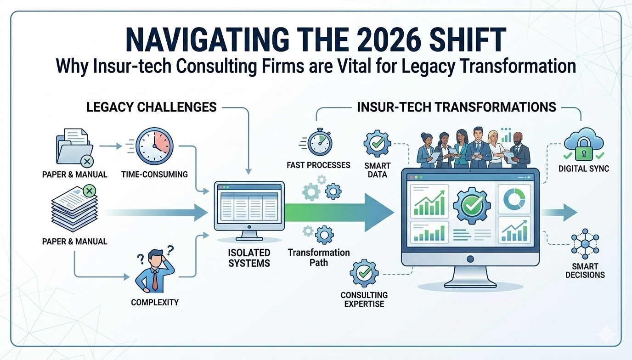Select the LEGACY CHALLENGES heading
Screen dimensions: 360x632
click(152, 107)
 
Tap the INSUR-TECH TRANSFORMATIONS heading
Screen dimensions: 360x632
click(456, 107)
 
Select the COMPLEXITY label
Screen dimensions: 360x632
click(155, 302)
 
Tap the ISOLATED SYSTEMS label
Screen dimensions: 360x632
click(249, 258)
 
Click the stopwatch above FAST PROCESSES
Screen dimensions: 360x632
click(317, 143)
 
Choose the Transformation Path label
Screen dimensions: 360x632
click(319, 257)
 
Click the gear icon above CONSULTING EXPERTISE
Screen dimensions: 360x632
click(363, 273)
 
